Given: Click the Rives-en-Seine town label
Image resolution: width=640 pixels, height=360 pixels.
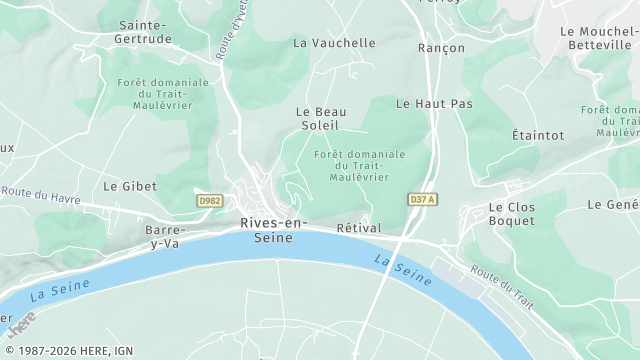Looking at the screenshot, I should pos(274,230).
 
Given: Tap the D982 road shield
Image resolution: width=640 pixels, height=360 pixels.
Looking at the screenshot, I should pos(209,201).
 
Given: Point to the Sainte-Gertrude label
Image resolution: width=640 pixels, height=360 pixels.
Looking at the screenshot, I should pos(142,31).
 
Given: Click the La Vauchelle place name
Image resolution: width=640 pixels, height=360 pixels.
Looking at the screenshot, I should pos(334,43).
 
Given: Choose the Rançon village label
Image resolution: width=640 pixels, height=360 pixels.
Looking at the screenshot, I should pos(441,48).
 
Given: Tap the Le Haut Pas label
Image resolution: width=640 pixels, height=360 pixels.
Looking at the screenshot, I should pos(434,103).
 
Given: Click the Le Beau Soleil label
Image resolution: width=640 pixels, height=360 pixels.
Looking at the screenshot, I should pos(320,118).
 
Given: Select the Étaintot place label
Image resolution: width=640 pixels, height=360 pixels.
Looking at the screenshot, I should pos(538,135).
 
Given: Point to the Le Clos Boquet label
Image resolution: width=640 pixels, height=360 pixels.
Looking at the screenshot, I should pos(511,214).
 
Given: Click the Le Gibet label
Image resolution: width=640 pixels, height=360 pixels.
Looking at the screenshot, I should pos(125,186).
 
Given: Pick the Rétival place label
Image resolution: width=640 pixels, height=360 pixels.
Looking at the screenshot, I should pos(359,228).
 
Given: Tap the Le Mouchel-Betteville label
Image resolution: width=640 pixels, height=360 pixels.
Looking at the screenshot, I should pos(598,37).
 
